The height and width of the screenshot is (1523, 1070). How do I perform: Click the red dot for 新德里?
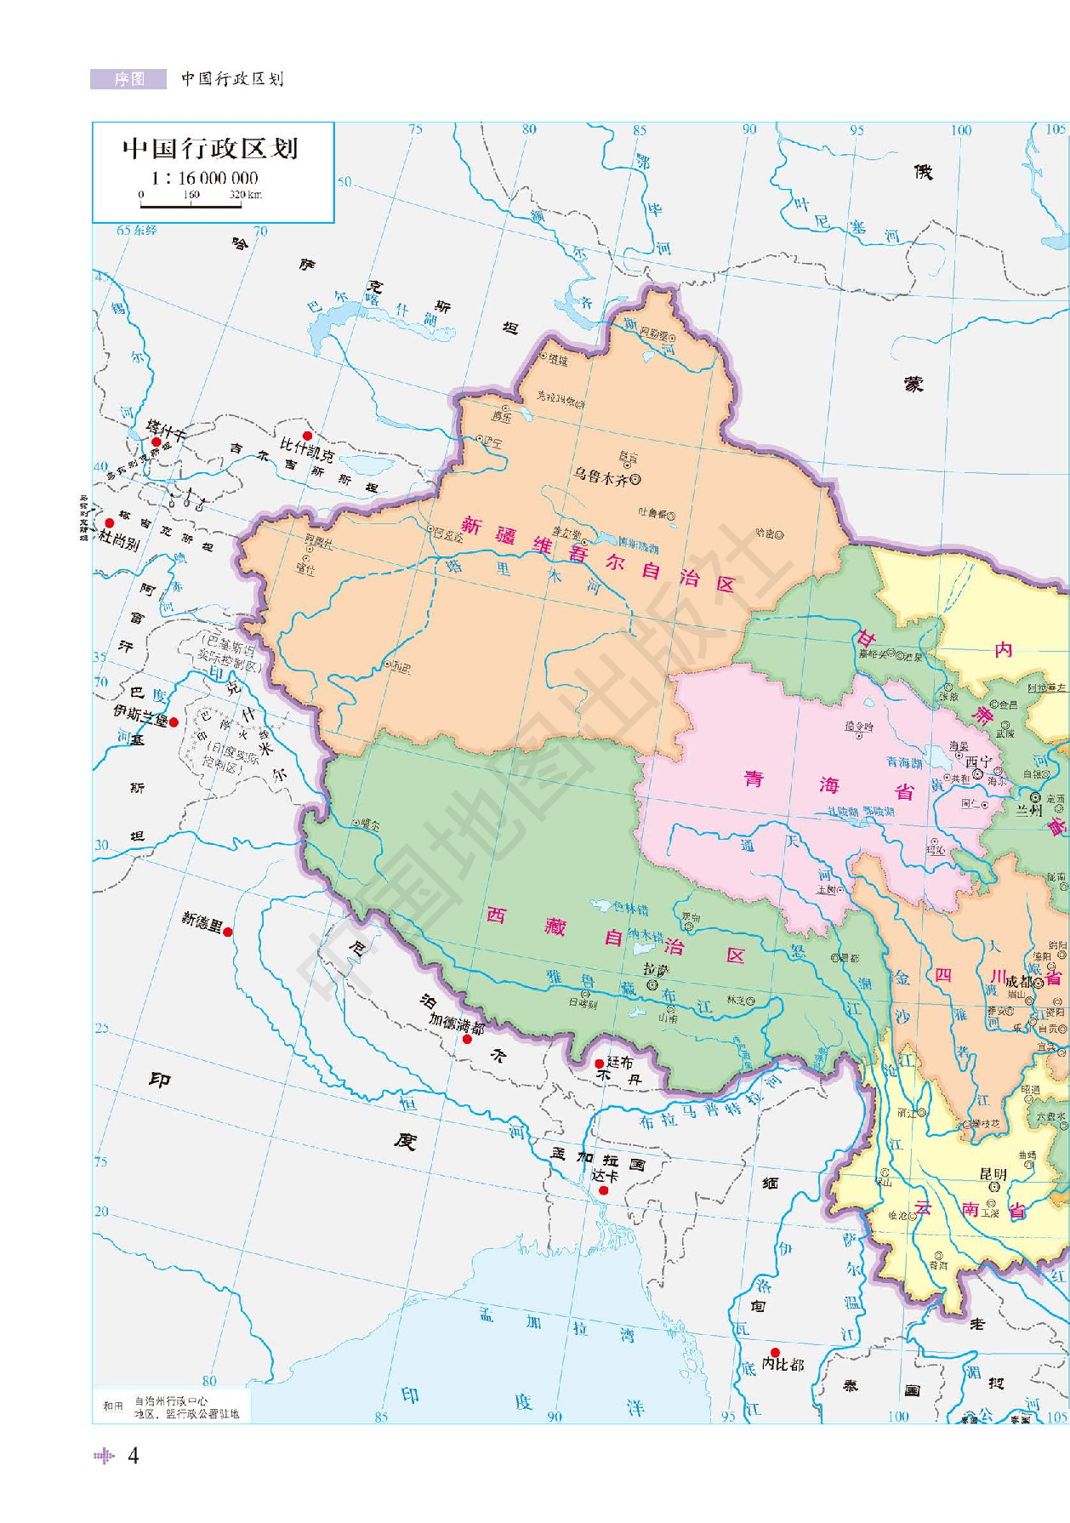pos(228,932)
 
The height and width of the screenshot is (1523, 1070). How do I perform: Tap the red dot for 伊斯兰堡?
pos(174,722)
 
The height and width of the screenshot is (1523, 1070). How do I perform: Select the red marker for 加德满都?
pos(467,1039)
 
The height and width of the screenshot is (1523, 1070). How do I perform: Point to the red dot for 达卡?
pos(603,1190)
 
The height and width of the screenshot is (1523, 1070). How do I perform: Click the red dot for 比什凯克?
pos(307,436)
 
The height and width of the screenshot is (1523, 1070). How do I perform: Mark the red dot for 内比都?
pos(775,1353)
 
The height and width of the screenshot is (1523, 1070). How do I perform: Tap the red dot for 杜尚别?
pos(109,523)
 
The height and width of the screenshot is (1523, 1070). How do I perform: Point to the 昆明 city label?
pos(993,1173)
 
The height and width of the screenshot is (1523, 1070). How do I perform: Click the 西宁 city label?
pos(978,761)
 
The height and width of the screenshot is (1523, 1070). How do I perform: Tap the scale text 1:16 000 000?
pos(205,178)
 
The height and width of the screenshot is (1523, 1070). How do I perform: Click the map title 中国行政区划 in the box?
pos(210,149)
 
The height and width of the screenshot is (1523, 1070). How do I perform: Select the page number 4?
pos(133,1456)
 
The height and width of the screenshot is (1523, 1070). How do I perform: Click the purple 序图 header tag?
pos(128,79)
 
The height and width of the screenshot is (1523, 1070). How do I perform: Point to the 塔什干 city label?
pos(166,430)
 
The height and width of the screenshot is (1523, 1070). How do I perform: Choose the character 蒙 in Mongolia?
pos(913,385)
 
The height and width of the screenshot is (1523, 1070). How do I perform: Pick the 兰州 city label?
pos(1028,811)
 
